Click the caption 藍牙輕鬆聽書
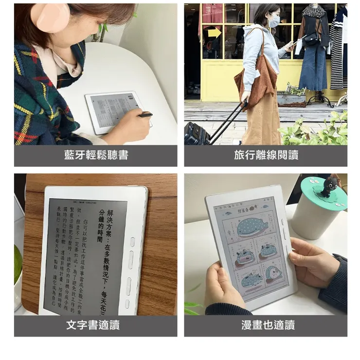(x=96, y=155)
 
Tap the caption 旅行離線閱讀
(x=266, y=155)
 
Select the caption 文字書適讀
(x=96, y=325)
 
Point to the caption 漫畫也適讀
(x=266, y=325)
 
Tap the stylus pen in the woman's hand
(x=144, y=115)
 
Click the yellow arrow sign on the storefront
(x=214, y=33)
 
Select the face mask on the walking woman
(x=274, y=21)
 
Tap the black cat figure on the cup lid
(x=330, y=187)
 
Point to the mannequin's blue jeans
(x=313, y=68)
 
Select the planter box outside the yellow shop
(x=291, y=99)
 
